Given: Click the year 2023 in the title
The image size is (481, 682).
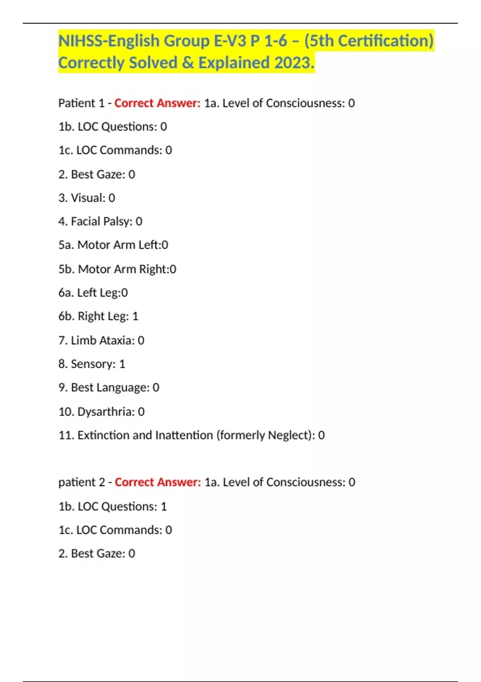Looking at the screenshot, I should [x=294, y=63].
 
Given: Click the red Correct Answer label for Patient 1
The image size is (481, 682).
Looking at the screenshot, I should [x=157, y=103].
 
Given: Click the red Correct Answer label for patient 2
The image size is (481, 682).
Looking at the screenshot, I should [x=158, y=482].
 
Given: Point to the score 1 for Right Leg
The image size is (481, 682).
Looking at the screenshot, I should [x=135, y=316].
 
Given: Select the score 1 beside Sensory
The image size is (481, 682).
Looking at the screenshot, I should [x=122, y=364].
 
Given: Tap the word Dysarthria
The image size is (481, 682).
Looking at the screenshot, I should [x=106, y=412].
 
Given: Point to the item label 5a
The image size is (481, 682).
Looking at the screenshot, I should [x=66, y=245].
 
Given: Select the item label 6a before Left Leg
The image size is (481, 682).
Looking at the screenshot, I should [x=66, y=292].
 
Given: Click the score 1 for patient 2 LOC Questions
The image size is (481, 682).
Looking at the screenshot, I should [x=164, y=506].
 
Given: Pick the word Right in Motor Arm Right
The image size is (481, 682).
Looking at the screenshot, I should [x=154, y=269].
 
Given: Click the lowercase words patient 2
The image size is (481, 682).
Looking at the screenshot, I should [x=82, y=482].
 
